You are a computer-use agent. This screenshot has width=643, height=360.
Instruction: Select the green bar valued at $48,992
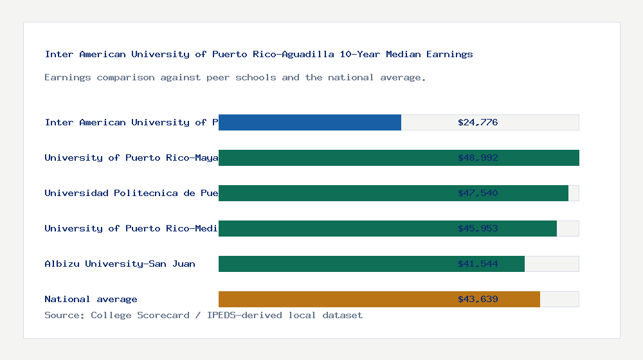point(334,157)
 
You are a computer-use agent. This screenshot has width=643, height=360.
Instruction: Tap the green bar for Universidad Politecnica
point(334,193)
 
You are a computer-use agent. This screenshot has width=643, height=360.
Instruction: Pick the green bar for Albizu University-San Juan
point(334,264)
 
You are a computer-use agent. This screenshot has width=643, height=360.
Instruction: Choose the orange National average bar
point(334,299)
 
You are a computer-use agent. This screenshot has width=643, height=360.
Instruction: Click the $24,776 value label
point(478,122)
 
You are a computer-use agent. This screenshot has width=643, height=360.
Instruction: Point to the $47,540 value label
point(478,193)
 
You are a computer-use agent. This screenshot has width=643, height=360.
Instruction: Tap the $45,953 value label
point(478,228)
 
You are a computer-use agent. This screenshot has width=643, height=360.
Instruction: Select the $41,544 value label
point(478,264)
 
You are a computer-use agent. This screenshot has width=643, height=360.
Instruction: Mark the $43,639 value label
point(478,299)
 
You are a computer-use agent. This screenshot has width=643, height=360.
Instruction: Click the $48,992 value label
point(478,157)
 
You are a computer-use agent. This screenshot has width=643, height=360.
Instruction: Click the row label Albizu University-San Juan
point(120,264)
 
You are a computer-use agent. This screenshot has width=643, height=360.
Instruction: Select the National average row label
point(91,299)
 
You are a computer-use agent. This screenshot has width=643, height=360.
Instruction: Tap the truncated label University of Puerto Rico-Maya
point(131,157)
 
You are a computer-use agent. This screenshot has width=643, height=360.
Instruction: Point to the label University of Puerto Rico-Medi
point(131,228)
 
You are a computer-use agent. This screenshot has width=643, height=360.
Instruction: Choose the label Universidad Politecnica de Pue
point(131,193)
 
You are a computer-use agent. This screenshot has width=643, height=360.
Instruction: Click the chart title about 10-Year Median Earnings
point(258,54)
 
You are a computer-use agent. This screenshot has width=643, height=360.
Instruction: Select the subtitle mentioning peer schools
point(235,77)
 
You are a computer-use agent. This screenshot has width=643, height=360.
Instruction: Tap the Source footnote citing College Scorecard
point(203,315)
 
